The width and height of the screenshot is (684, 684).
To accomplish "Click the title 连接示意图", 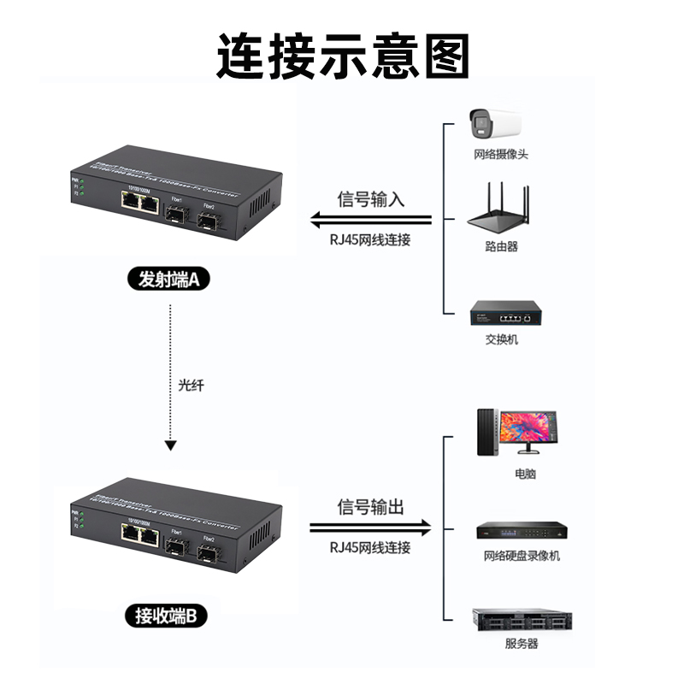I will pyautogui.click(x=342, y=56).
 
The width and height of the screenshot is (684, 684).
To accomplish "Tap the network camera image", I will pyautogui.click(x=495, y=125).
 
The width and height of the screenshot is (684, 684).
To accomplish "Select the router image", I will pyautogui.click(x=501, y=209).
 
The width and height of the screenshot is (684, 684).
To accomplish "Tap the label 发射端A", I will pyautogui.click(x=168, y=279).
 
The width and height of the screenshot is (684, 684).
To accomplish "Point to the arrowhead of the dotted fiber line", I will pyautogui.click(x=171, y=446).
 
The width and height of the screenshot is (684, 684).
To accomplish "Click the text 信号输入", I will pyautogui.click(x=371, y=200).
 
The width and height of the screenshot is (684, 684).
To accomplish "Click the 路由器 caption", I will pyautogui.click(x=501, y=246).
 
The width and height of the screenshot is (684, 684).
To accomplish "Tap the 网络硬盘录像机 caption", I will pyautogui.click(x=522, y=556).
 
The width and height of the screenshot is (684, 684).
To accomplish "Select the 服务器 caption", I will pyautogui.click(x=522, y=644).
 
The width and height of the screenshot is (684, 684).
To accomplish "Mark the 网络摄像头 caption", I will pyautogui.click(x=501, y=155).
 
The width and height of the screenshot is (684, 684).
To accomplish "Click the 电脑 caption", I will pyautogui.click(x=525, y=473).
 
